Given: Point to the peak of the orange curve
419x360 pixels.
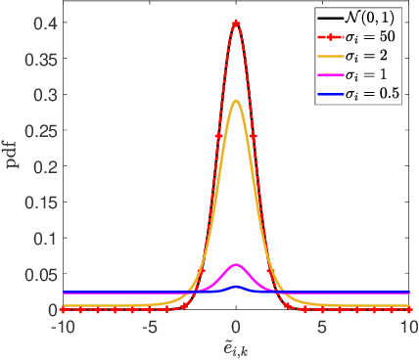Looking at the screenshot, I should tap(236, 101).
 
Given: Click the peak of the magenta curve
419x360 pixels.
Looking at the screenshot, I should tap(236, 265).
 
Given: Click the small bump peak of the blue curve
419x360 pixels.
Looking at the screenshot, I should tap(236, 287).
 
